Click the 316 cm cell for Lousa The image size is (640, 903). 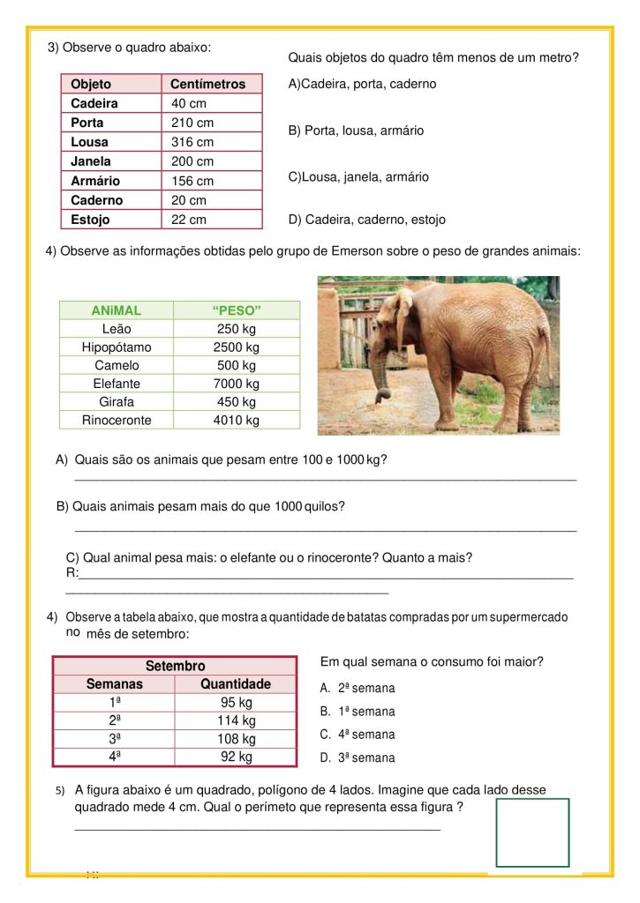pyautogui.click(x=192, y=142)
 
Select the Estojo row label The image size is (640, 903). pyautogui.click(x=90, y=220)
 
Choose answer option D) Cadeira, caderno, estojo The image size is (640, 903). pyautogui.click(x=367, y=220)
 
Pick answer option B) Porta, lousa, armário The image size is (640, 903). pyautogui.click(x=357, y=131)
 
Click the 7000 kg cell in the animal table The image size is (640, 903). pyautogui.click(x=236, y=384)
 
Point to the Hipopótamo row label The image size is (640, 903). pyautogui.click(x=117, y=347)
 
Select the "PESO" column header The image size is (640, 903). pyautogui.click(x=237, y=310)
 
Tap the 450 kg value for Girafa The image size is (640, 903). pyautogui.click(x=236, y=402)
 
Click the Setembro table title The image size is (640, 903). pyautogui.click(x=175, y=666)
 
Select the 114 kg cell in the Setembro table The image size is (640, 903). pyautogui.click(x=236, y=720)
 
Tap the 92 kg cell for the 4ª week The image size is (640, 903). pyautogui.click(x=236, y=757)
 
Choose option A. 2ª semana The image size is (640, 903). pyautogui.click(x=358, y=688)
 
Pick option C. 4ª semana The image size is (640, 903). pyautogui.click(x=358, y=735)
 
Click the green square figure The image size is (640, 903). pyautogui.click(x=532, y=832)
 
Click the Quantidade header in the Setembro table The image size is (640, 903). pyautogui.click(x=236, y=683)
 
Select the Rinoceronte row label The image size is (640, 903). pyautogui.click(x=117, y=420)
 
